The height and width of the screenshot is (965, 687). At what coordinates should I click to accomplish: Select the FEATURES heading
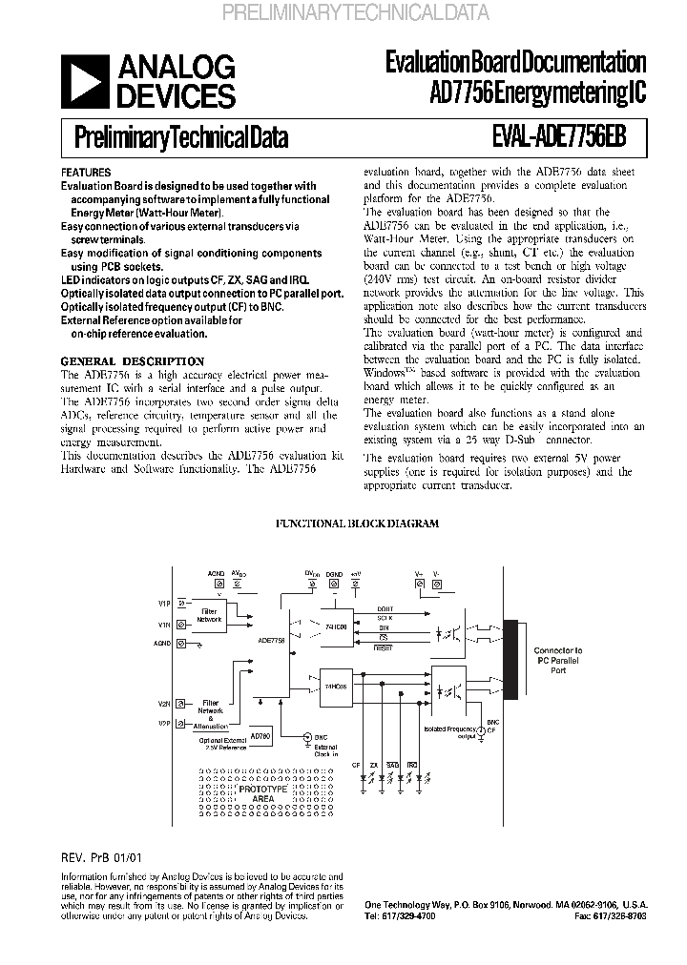coord(85,173)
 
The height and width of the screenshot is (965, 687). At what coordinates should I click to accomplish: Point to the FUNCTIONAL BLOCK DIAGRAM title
coord(357,524)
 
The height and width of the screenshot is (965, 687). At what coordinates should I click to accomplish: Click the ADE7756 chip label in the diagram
coord(270,642)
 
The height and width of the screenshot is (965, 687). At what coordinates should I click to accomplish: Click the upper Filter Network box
coord(208,615)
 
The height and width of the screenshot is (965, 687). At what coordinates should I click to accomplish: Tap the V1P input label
coord(164,604)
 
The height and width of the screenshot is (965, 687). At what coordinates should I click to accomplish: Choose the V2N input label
coord(164,703)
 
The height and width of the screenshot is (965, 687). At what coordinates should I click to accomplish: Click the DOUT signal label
coord(385,608)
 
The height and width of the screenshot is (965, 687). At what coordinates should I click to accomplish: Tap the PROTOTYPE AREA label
coord(262,794)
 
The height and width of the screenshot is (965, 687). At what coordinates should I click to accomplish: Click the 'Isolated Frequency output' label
coord(452,731)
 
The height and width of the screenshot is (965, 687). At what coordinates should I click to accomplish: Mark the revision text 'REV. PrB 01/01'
coord(100,858)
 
